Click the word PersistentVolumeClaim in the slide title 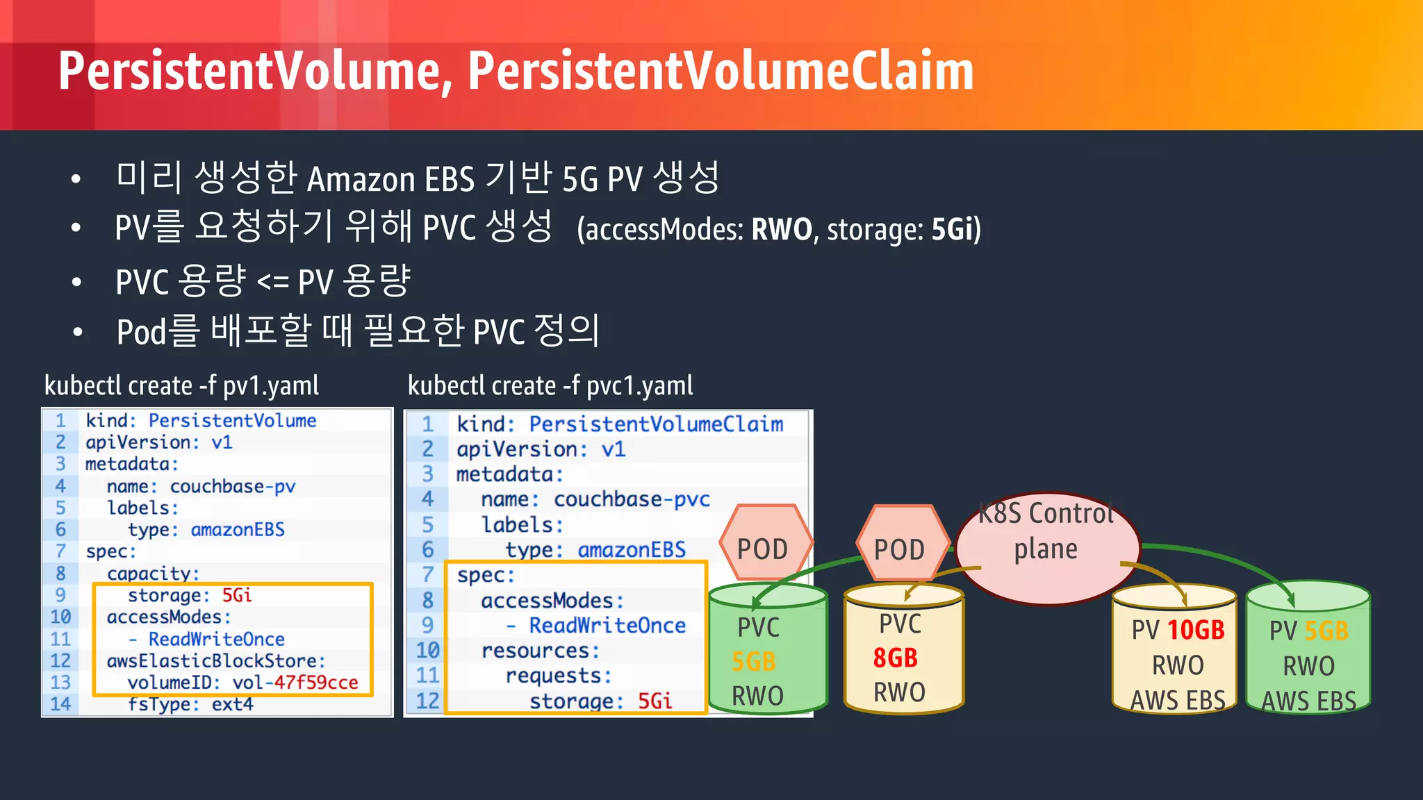[x=721, y=71]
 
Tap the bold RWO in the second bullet [x=782, y=229]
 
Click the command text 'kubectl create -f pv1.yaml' [x=181, y=385]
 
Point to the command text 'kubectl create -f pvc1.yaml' [x=550, y=385]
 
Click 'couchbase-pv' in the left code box [x=233, y=486]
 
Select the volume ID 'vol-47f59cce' [x=295, y=683]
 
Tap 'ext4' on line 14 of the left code [x=232, y=704]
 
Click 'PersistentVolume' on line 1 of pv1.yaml [x=232, y=420]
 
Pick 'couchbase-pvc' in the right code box [x=632, y=499]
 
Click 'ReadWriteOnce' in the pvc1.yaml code [x=607, y=626]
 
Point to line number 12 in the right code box [x=427, y=701]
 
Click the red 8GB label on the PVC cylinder [x=896, y=658]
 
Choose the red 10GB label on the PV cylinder [x=1196, y=630]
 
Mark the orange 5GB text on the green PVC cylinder [x=754, y=662]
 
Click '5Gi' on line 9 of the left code [x=237, y=595]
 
